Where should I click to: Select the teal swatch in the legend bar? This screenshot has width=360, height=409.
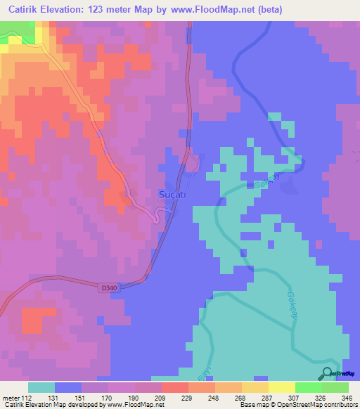[x=41, y=387]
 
